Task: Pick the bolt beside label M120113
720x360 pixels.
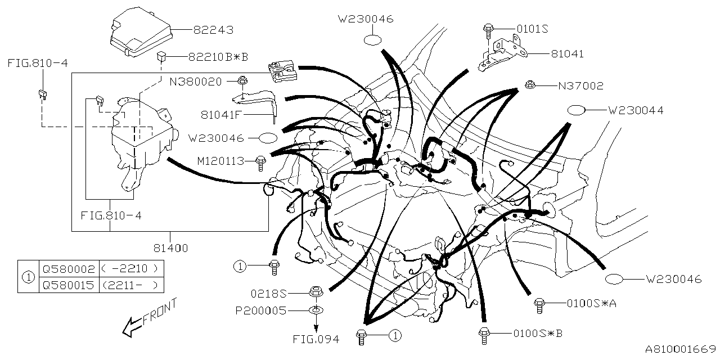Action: [260, 162]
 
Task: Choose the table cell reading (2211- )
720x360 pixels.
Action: [131, 285]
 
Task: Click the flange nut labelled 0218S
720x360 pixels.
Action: [315, 292]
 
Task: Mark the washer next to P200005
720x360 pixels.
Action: [316, 310]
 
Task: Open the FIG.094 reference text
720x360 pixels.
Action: [316, 339]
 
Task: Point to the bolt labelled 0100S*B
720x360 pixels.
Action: [483, 334]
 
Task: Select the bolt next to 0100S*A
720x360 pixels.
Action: [539, 304]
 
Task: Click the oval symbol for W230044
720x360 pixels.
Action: [577, 110]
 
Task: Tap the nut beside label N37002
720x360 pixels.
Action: [529, 85]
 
